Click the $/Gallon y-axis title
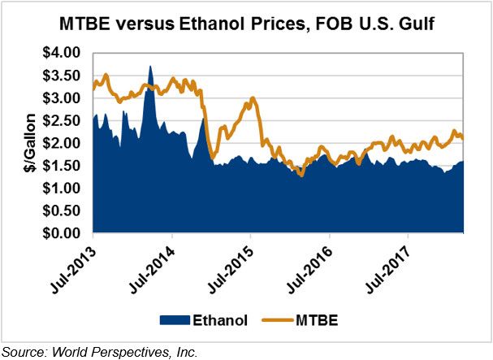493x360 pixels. coord(26,143)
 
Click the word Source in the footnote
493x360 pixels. coord(24,351)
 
